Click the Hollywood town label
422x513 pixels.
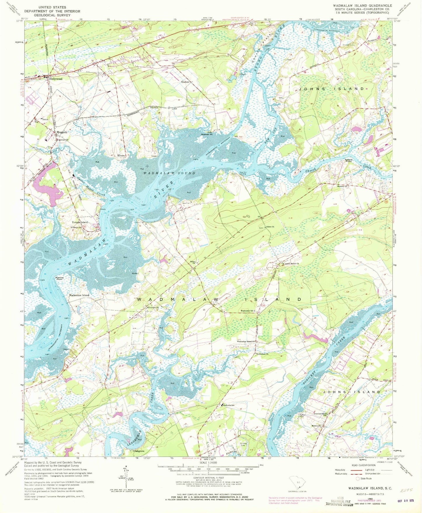(55, 79)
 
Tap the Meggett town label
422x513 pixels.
(62, 132)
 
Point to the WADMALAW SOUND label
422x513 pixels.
(169, 173)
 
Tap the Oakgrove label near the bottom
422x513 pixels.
(139, 451)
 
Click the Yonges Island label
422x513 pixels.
(79, 222)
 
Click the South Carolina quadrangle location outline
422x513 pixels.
(295, 487)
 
